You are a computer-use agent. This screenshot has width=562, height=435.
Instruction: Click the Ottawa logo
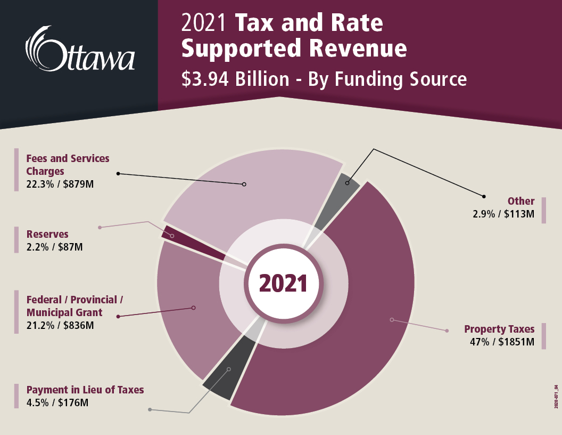pos(80,49)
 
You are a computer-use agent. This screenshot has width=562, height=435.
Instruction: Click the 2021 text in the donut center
pos(283,284)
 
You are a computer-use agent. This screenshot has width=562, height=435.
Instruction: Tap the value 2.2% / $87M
pos(55,247)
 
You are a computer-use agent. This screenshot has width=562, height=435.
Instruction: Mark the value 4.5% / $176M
pos(57,402)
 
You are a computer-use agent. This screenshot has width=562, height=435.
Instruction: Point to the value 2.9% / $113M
pos(503,214)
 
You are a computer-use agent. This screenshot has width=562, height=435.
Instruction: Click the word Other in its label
pos(520,201)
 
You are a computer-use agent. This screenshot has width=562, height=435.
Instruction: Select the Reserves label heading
pos(48,234)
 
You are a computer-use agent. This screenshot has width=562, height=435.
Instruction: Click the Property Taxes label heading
pos(499,329)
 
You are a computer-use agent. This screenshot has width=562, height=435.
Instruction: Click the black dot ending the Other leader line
pos(484,196)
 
